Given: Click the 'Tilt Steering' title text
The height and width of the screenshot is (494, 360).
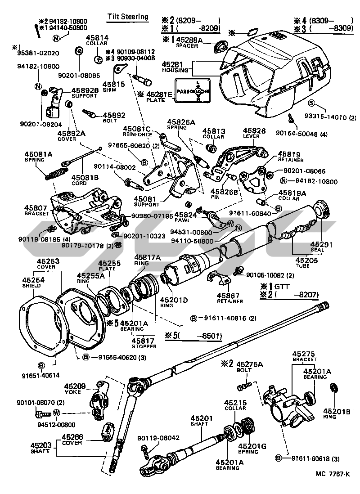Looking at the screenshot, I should click(127, 17).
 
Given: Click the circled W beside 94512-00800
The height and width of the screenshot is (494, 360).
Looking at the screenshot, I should click(57, 413).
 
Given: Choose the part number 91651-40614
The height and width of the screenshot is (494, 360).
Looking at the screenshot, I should click(40, 374).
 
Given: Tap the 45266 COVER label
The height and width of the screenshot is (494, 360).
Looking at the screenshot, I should click(72, 439).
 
